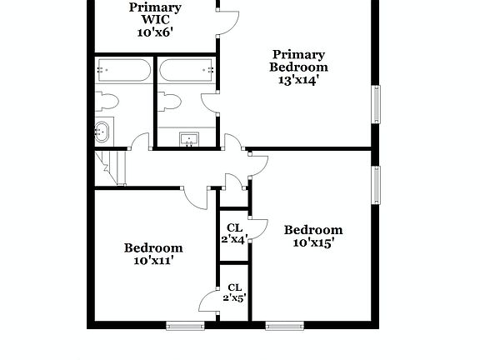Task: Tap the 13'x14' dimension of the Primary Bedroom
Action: tap(298, 81)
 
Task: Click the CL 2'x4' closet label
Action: tap(234, 232)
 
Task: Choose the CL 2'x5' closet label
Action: tap(234, 292)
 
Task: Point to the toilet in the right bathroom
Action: tap(169, 102)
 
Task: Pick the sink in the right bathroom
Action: tap(189, 139)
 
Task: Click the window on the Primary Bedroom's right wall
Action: tap(376, 103)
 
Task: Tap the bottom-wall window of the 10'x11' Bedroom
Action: tap(185, 325)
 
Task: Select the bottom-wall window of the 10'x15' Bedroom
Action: tap(284, 325)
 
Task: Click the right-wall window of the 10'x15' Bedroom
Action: tap(376, 185)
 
